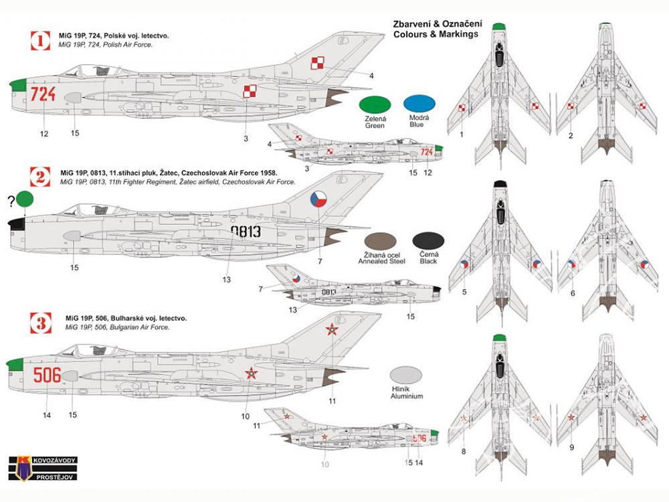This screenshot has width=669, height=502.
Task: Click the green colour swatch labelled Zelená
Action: pos(375,105)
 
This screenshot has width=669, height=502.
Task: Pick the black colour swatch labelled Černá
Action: pos(428,242)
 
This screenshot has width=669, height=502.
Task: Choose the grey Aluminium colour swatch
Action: pos(406,375)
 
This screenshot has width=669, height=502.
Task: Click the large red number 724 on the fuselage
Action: pos(43,94)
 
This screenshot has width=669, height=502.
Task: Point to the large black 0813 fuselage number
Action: pos(246,232)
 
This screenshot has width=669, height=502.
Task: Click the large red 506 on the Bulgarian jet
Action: pos(47,375)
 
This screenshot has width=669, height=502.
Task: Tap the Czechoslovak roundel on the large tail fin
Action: pos(318,199)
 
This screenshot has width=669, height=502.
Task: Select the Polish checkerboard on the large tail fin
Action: pos(317,63)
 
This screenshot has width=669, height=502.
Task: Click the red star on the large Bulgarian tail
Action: pos(332,329)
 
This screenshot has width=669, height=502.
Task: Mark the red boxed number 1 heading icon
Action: pos(41,41)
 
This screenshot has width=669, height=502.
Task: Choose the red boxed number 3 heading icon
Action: pos(41,323)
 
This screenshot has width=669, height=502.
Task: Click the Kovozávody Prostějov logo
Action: pos(43,469)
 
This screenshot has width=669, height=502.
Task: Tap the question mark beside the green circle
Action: pos(11,201)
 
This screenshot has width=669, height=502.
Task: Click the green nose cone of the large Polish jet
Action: pos(17,85)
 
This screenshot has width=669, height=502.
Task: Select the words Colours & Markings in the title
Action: pos(436,34)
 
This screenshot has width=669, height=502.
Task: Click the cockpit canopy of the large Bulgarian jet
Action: pos(92,350)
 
